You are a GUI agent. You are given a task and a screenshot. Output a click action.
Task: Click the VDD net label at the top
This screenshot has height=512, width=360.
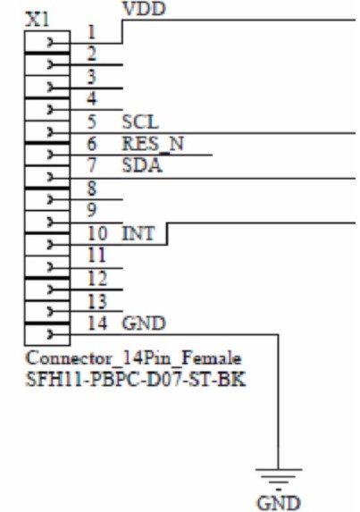tap(144, 9)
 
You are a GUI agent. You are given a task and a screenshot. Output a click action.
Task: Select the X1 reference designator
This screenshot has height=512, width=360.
tap(38, 21)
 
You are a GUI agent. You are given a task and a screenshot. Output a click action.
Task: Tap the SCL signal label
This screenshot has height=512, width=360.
tap(140, 122)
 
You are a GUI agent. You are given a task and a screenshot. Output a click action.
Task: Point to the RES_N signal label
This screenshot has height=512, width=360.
tap(153, 144)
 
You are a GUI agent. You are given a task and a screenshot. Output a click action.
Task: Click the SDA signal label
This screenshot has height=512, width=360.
tap(142, 165)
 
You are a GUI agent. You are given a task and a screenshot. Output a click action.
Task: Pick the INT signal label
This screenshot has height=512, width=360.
tap(138, 234)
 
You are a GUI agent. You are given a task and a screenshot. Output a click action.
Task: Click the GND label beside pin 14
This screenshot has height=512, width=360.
tap(144, 323)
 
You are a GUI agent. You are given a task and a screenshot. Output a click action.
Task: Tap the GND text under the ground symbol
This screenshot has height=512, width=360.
tap(279, 503)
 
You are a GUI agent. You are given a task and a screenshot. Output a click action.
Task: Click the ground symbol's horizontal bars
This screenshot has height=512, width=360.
tap(279, 479)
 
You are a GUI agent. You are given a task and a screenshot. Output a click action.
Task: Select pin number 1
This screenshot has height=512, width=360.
tap(92, 32)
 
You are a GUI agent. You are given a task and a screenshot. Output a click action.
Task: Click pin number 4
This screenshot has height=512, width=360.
tap(92, 98)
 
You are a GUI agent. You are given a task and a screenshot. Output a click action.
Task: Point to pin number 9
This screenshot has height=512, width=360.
tap(92, 210)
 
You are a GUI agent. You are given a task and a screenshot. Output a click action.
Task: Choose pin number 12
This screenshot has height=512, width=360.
tap(97, 279)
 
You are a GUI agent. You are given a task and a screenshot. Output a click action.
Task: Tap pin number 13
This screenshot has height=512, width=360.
tap(97, 301)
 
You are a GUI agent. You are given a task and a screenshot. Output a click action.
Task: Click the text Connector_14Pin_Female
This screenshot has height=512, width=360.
tap(133, 358)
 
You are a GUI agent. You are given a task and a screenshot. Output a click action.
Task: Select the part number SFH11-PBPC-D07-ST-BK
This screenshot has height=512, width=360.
tap(135, 380)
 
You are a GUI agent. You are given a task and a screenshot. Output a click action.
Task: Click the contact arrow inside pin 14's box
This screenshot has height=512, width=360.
tap(51, 334)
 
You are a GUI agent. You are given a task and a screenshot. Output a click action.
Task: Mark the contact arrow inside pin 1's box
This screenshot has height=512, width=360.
tap(51, 43)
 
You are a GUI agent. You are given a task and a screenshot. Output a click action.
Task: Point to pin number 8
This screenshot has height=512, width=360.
tap(92, 189)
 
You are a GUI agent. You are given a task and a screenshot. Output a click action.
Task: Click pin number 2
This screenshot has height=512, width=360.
tap(92, 54)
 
